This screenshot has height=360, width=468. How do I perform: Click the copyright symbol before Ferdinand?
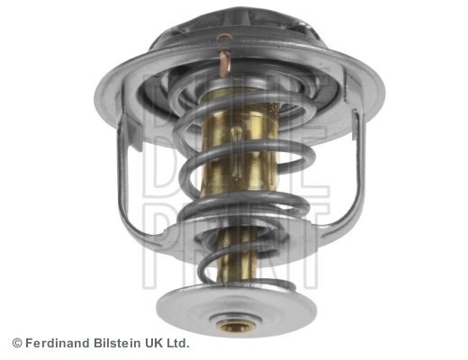click(16, 343)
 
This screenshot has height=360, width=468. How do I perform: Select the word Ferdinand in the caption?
click(59, 343)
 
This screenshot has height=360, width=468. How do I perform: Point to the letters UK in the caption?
click(157, 343)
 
